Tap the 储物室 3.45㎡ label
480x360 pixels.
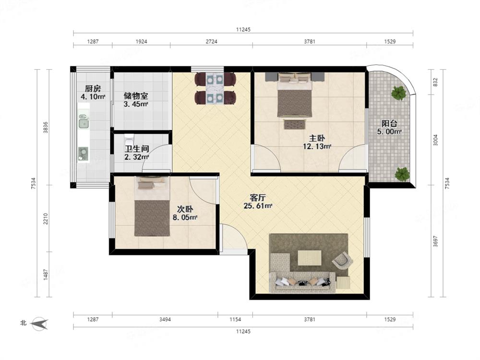pyautogui.click(x=136, y=100)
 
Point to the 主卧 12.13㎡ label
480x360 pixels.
pyautogui.click(x=317, y=143)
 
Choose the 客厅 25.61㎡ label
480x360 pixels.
pyautogui.click(x=258, y=202)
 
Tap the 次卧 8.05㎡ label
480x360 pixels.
pyautogui.click(x=185, y=214)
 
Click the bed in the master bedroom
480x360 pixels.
pyautogui.click(x=295, y=95)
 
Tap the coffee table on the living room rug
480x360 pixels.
pyautogui.click(x=310, y=258)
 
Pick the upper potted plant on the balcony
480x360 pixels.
pyautogui.click(x=398, y=93)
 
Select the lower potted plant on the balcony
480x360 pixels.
pyautogui.click(x=402, y=175)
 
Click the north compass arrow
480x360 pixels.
pyautogui.click(x=40, y=323)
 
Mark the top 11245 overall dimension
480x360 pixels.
pyautogui.click(x=243, y=30)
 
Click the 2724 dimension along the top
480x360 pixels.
pyautogui.click(x=211, y=42)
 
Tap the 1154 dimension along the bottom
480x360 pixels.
pyautogui.click(x=235, y=320)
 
